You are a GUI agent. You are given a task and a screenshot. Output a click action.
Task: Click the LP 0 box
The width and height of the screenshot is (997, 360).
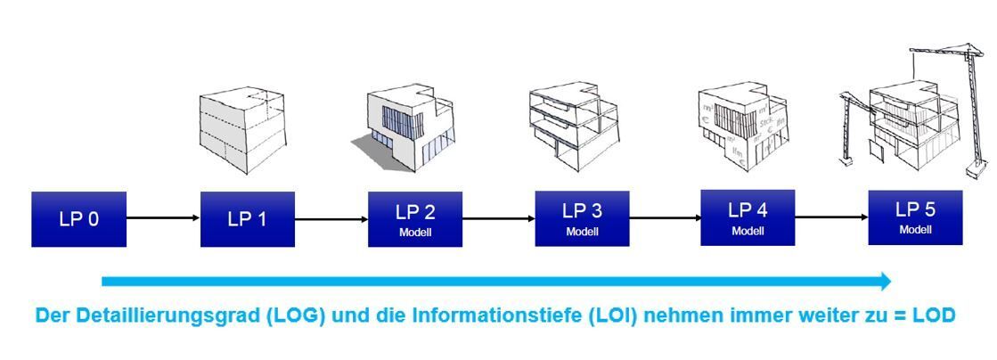[x=78, y=218]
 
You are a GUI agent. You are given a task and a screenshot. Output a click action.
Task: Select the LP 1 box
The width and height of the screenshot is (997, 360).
[x=247, y=219]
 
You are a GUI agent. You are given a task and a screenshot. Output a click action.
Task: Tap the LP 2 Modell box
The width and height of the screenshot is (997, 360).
[x=414, y=219]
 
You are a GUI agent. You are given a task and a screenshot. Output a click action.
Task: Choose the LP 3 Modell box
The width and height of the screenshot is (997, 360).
[x=582, y=218]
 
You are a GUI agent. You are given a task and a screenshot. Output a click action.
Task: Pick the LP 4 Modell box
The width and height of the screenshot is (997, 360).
[x=748, y=217]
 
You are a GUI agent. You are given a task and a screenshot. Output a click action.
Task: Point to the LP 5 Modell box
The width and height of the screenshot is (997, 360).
[x=915, y=217]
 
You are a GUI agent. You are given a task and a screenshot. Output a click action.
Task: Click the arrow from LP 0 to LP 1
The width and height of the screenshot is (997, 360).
[x=163, y=218]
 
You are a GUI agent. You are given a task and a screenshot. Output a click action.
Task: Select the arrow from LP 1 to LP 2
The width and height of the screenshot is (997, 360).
[x=331, y=219]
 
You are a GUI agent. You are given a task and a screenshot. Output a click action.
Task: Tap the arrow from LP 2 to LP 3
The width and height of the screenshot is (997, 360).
[x=498, y=218]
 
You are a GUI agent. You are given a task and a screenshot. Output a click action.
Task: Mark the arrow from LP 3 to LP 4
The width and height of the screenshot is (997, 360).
[x=665, y=217]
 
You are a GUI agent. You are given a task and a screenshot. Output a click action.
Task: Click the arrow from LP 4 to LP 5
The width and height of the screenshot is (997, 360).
[x=831, y=217]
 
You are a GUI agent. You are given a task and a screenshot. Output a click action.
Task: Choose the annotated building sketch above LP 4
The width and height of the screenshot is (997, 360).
[x=741, y=125]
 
